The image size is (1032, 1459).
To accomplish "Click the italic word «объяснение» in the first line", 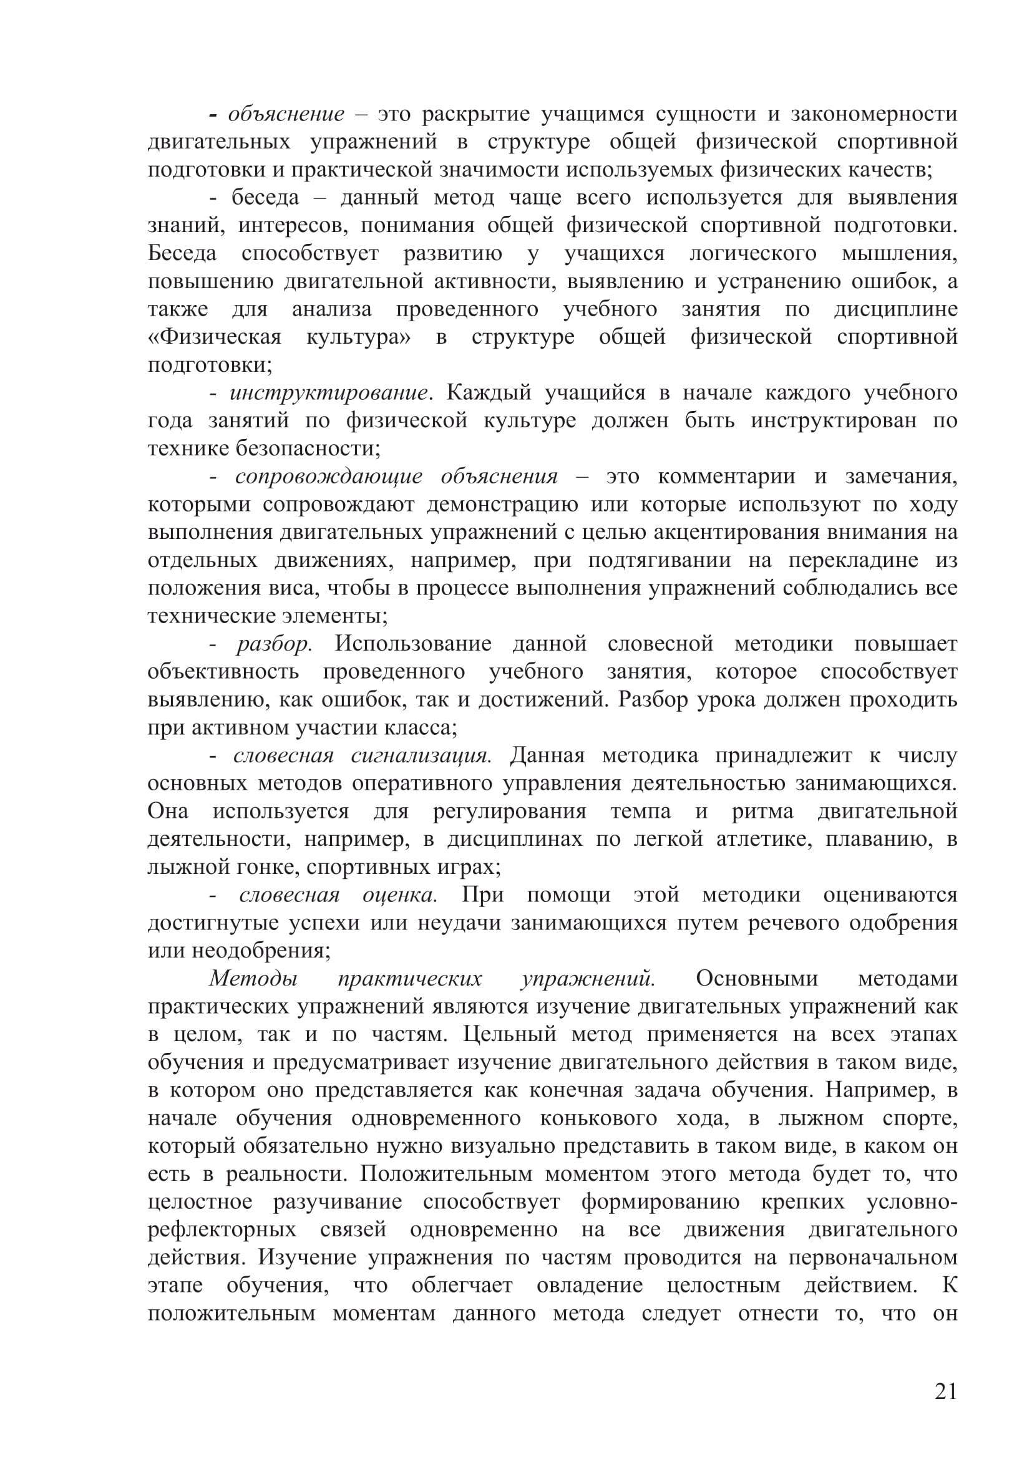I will click(286, 114).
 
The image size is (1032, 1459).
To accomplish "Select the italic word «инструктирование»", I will click(329, 393).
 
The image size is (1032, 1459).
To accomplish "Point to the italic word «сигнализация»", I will click(421, 755).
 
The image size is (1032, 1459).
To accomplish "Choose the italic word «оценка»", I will click(399, 895).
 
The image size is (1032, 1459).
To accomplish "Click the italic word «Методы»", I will click(253, 979).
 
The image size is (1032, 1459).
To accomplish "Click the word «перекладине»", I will click(854, 561).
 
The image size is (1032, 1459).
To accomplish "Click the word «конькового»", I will click(589, 1118).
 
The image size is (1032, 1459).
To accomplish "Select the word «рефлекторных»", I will click(221, 1229).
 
